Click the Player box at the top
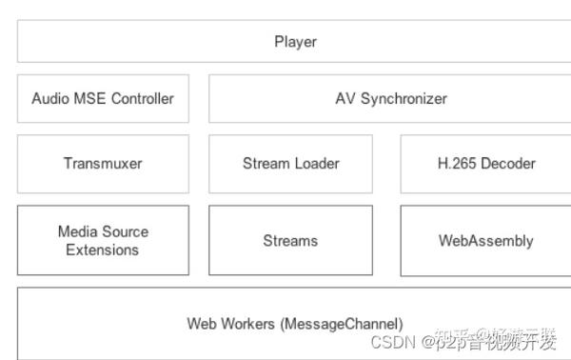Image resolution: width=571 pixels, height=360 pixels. (x=295, y=42)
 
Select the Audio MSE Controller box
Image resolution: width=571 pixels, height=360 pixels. (x=103, y=98)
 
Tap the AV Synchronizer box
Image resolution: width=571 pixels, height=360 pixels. (x=390, y=98)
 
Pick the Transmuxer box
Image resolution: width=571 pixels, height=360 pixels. (x=103, y=163)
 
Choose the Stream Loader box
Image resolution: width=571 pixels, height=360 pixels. (x=290, y=163)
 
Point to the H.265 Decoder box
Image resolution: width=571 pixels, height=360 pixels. (x=485, y=163)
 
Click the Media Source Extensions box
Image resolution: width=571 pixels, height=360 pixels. (x=103, y=240)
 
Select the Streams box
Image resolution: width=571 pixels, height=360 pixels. (x=290, y=241)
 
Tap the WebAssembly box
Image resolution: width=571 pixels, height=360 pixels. (x=485, y=241)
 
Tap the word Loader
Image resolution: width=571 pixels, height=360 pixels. (x=317, y=163)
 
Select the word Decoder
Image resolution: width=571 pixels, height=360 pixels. (x=508, y=163)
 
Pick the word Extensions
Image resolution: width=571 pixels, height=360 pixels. (x=103, y=250)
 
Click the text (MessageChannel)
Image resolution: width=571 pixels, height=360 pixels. (x=342, y=324)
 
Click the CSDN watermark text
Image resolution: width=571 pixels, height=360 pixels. (x=389, y=342)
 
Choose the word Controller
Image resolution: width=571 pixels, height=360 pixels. (x=141, y=98)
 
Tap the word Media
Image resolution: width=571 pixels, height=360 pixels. (x=77, y=231)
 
